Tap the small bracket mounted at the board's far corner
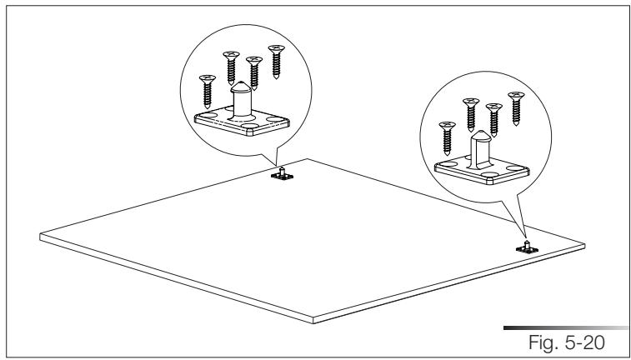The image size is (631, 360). point(283,174)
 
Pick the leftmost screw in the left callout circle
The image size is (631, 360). point(205,88)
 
